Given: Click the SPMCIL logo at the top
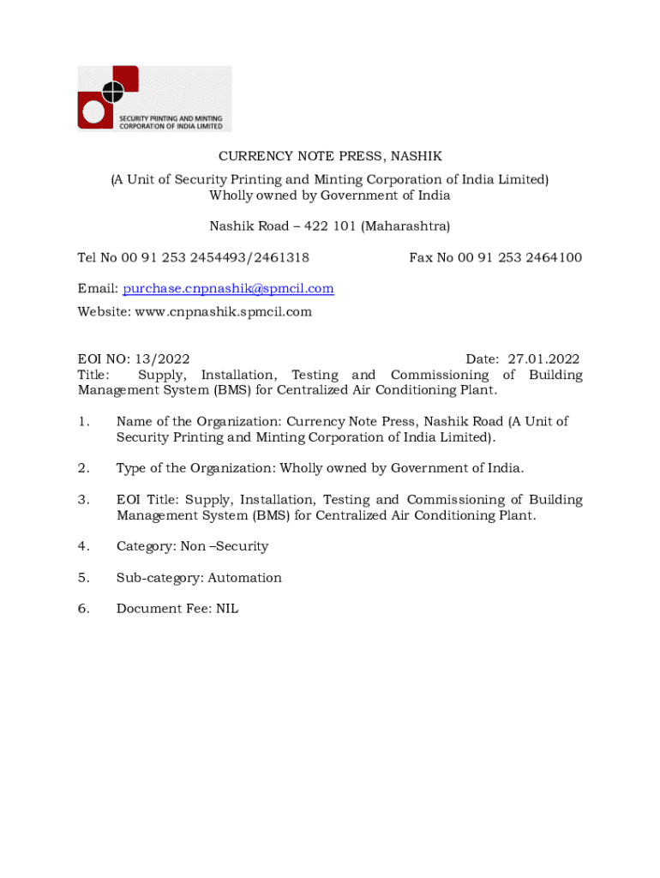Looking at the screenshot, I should pyautogui.click(x=154, y=98).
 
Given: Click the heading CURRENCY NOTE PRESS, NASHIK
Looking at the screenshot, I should pyautogui.click(x=330, y=156).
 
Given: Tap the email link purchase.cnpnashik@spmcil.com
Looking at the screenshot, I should pyautogui.click(x=228, y=289).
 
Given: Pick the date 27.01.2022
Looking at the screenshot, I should pyautogui.click(x=543, y=359).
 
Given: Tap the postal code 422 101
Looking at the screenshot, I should pyautogui.click(x=327, y=226).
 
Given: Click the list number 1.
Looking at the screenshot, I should pyautogui.click(x=83, y=422).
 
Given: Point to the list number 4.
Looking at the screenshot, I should pyautogui.click(x=83, y=546).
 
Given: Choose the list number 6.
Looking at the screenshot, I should pyautogui.click(x=83, y=609).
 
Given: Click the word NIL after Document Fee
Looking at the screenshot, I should pyautogui.click(x=227, y=609).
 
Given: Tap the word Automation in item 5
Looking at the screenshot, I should pyautogui.click(x=244, y=578).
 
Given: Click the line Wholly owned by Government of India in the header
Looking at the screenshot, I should pyautogui.click(x=330, y=195).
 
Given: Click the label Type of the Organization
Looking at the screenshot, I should pyautogui.click(x=195, y=468).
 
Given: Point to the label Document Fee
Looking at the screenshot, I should pyautogui.click(x=162, y=609).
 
